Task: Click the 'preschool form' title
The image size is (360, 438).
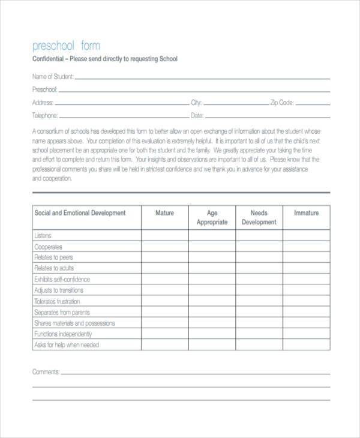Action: pyautogui.click(x=66, y=46)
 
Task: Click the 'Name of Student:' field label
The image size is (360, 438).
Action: pyautogui.click(x=53, y=76)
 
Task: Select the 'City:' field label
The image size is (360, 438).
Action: pyautogui.click(x=196, y=103)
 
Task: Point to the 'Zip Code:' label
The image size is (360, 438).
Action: pyautogui.click(x=281, y=103)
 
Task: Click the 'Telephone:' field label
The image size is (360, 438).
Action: pyautogui.click(x=45, y=116)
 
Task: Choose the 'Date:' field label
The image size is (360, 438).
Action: pyautogui.click(x=197, y=116)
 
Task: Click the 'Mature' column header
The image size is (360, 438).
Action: pyautogui.click(x=165, y=213)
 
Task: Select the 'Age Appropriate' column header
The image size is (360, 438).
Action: pyautogui.click(x=212, y=217)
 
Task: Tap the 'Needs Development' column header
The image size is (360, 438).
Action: pyautogui.click(x=259, y=217)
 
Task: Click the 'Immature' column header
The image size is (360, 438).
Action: pyautogui.click(x=306, y=213)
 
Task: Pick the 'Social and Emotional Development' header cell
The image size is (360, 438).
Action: pyautogui.click(x=80, y=213)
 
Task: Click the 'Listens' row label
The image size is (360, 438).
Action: pyautogui.click(x=43, y=236)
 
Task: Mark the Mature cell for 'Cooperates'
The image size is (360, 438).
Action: pyautogui.click(x=165, y=247)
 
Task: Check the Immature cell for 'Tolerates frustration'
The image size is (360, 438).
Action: pyautogui.click(x=306, y=302)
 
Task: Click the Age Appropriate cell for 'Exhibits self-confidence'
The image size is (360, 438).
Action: pyautogui.click(x=212, y=280)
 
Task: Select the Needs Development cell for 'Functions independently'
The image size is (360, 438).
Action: pyautogui.click(x=259, y=334)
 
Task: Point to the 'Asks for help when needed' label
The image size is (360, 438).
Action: pyautogui.click(x=67, y=345)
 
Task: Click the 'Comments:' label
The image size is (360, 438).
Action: pyautogui.click(x=46, y=372)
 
